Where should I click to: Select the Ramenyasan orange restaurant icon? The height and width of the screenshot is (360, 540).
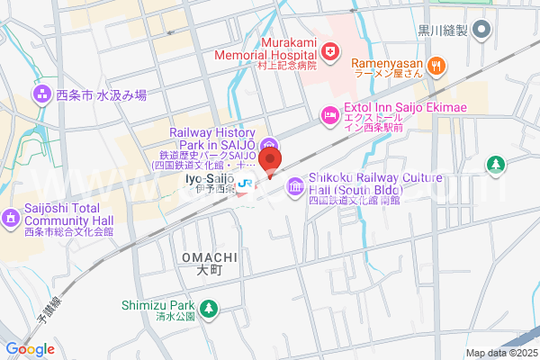pyautogui.click(x=436, y=64)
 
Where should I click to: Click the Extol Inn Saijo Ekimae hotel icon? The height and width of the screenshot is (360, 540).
pyautogui.click(x=329, y=114)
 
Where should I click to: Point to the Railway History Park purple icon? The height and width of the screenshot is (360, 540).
pyautogui.click(x=269, y=147)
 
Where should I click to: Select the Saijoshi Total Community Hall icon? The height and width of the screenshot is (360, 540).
pyautogui.click(x=10, y=217)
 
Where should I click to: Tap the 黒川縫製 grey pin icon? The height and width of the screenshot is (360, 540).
pyautogui.click(x=481, y=31)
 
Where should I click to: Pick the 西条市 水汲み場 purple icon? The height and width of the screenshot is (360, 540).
pyautogui.click(x=41, y=94)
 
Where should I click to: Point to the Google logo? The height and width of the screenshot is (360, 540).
pyautogui.click(x=30, y=349)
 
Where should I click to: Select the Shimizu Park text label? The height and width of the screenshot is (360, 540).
pyautogui.click(x=158, y=305)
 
